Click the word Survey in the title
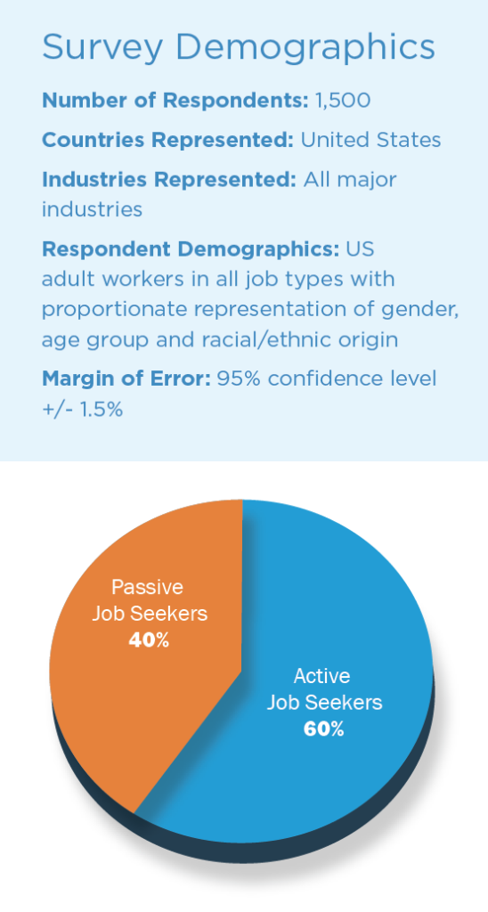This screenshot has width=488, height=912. click(102, 48)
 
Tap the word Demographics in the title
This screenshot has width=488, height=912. click(305, 48)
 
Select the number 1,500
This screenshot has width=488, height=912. click(343, 102)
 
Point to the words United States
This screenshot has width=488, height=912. click(370, 140)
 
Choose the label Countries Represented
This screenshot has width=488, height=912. click(167, 140)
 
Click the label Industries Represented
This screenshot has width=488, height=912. click(169, 179)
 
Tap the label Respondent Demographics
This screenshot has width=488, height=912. click(191, 249)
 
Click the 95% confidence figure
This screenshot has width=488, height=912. click(240, 379)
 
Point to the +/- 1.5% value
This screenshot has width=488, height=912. click(82, 409)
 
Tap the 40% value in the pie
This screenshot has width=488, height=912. click(149, 640)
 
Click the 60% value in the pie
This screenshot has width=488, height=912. click(324, 729)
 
